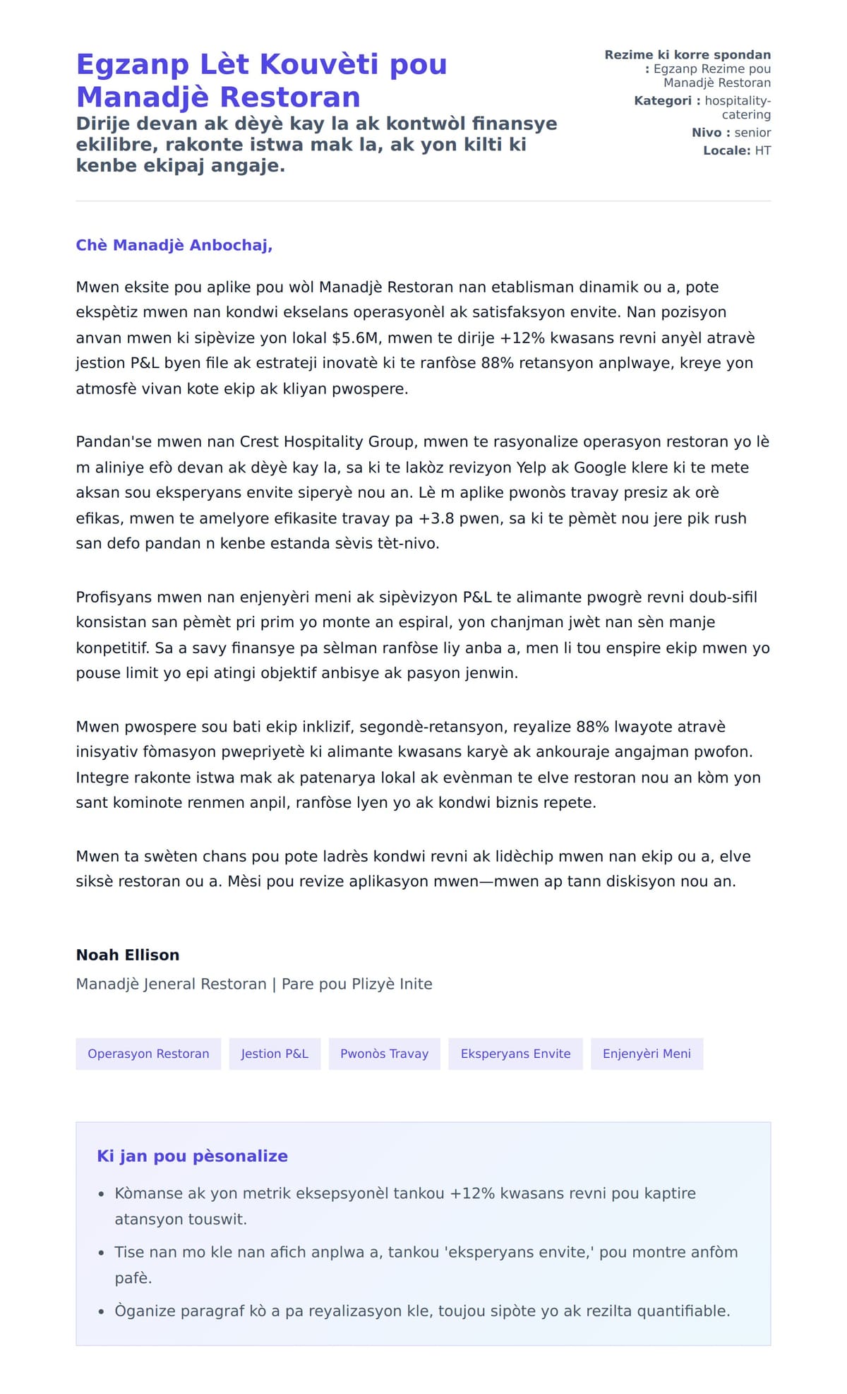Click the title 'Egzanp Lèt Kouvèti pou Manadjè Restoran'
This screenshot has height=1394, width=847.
tap(261, 80)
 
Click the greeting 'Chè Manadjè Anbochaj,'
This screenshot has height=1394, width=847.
tap(174, 245)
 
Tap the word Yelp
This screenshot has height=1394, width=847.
tap(531, 467)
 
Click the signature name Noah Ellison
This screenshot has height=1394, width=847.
tap(128, 955)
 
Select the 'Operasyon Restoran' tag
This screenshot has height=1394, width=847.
tap(148, 1054)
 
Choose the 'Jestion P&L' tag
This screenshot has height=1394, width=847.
tap(275, 1054)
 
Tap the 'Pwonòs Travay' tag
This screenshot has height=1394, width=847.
tap(384, 1054)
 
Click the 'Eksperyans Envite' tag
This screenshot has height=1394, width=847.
tap(515, 1054)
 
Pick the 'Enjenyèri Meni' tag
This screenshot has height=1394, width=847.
tap(647, 1054)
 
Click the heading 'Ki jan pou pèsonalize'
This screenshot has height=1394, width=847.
tap(192, 1156)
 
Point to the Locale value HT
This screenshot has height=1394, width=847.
tap(762, 150)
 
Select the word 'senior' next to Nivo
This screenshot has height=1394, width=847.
tap(752, 133)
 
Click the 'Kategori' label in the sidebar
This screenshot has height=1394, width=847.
tap(663, 101)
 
